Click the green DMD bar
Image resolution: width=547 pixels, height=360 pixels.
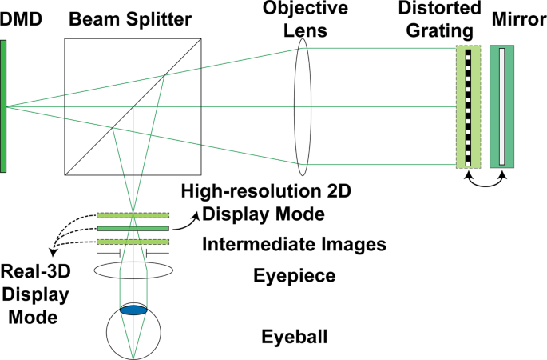(x=4, y=106)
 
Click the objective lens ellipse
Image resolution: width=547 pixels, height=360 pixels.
(x=302, y=106)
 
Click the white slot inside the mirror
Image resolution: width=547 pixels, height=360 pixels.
(x=501, y=106)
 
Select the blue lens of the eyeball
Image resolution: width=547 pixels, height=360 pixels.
(x=133, y=310)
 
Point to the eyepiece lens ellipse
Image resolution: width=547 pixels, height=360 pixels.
(x=133, y=270)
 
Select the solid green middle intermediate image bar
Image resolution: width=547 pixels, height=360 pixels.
(x=133, y=228)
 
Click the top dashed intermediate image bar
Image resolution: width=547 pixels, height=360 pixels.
(x=133, y=214)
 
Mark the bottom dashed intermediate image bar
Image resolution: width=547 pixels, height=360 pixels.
(x=133, y=242)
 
